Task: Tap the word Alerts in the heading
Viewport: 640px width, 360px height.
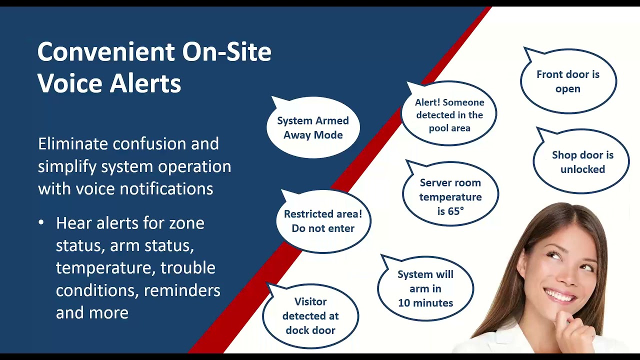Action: point(145,83)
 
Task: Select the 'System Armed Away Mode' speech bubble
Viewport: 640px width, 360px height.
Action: point(313,127)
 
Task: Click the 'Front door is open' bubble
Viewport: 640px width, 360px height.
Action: point(568,81)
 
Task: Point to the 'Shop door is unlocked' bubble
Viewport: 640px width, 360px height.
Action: point(581,161)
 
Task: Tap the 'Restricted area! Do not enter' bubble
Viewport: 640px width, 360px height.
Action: point(323,221)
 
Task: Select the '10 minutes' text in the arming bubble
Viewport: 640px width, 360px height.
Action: point(425,303)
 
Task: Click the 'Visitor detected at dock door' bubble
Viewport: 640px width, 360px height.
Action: point(310,316)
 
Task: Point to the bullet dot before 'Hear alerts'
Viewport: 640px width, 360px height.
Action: point(41,222)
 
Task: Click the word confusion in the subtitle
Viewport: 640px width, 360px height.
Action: point(149,143)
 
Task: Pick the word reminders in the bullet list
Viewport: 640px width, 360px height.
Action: point(182,290)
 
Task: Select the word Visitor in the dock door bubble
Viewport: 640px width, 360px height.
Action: point(310,301)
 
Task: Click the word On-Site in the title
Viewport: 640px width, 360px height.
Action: point(227,51)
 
